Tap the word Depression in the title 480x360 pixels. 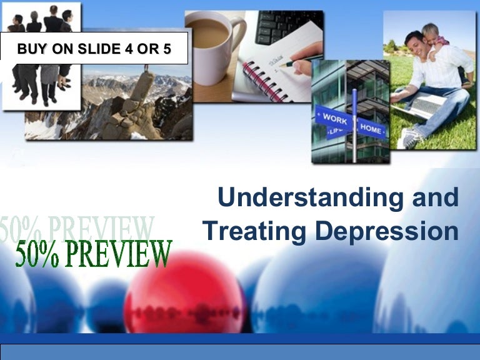coord(387,231)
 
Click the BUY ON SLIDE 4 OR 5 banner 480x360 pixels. coord(94,49)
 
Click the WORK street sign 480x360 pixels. coord(334,118)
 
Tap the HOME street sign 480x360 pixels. coord(371,128)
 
